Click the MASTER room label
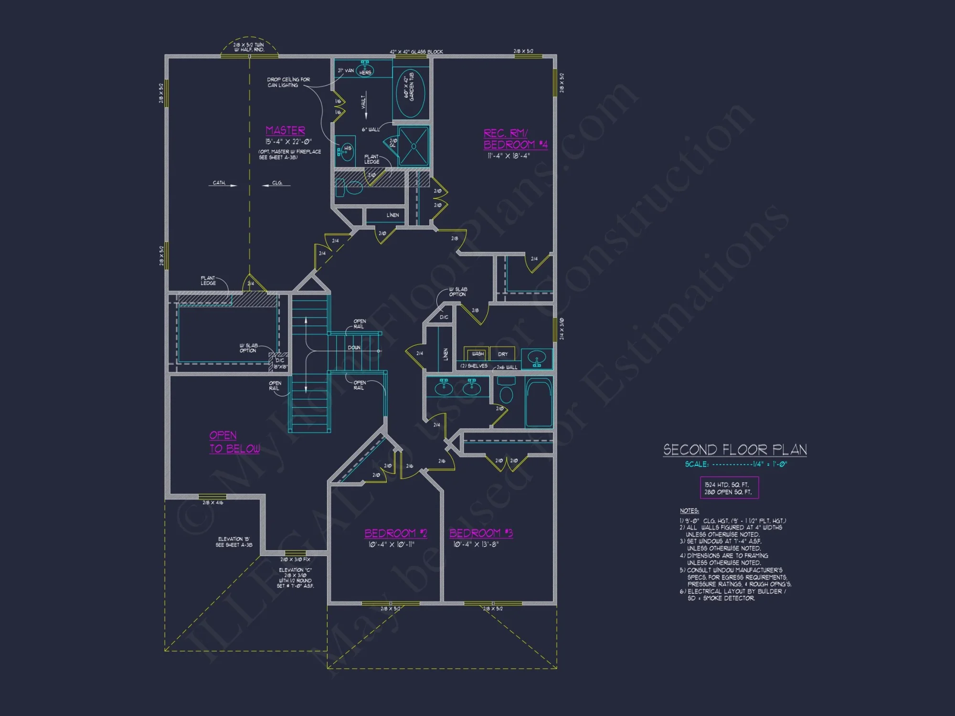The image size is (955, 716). coord(285,130)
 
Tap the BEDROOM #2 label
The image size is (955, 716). coord(395,533)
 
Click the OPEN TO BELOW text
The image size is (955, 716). coord(234,442)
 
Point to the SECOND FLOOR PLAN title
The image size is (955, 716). coord(734,450)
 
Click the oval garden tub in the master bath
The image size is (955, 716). coord(411,92)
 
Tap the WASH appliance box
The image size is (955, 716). coord(477,354)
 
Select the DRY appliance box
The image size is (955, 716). coord(503,354)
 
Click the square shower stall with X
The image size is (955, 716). coord(414,146)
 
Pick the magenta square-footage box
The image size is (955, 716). coord(729,488)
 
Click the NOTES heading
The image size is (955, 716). coord(689,511)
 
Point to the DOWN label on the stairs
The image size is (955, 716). coord(354,347)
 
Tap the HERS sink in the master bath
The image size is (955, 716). coord(365,71)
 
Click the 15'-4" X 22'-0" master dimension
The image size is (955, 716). coord(288,142)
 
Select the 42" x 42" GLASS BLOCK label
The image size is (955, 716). coord(416,52)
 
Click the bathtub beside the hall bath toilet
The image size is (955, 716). coord(539,402)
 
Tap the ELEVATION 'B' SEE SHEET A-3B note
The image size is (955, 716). coord(233,542)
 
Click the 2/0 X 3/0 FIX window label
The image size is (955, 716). coord(295,559)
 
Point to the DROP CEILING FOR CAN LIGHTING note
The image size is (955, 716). coord(288,82)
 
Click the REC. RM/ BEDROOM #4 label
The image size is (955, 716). coord(515,139)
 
